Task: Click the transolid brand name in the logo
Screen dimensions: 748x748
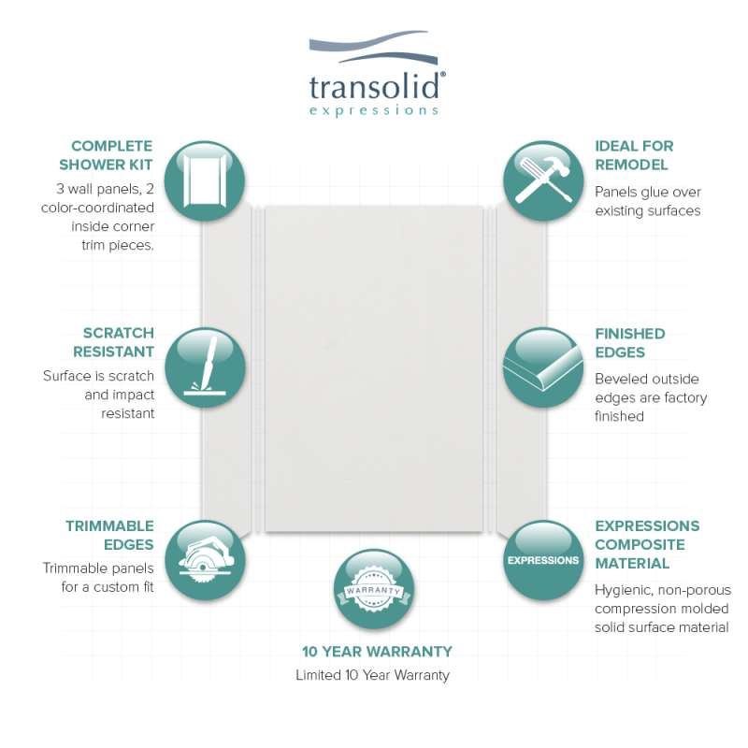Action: coord(375,87)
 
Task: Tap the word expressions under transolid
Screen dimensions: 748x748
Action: coord(373,110)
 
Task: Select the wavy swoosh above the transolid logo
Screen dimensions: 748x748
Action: coord(373,48)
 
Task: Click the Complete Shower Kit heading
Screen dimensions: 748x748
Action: coord(106,155)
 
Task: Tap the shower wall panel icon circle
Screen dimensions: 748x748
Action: coord(205,180)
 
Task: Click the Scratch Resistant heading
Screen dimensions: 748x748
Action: coord(113,342)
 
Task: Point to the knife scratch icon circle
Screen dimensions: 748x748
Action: coord(205,367)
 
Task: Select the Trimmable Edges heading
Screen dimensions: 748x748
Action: coord(109,535)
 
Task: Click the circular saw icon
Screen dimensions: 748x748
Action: coord(205,560)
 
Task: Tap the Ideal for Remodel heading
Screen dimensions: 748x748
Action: coord(634,155)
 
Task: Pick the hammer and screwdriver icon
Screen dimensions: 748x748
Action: coord(543,180)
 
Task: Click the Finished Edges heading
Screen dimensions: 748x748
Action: coord(629,342)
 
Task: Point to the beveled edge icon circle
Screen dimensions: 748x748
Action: coord(543,367)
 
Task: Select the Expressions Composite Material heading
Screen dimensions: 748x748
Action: coord(647,544)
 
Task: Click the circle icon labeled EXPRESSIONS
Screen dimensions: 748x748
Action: coord(543,560)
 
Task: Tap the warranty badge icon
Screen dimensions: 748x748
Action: coord(374,589)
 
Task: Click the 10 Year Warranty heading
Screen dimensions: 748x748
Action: coord(377,651)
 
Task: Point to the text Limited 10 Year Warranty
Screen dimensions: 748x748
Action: coord(372,675)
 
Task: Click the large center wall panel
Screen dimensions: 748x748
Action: coord(374,368)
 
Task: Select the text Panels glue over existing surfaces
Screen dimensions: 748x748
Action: coord(648,201)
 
